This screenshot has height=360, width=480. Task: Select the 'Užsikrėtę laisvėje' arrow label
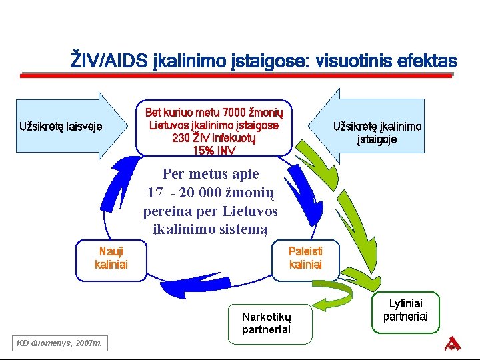[61, 126]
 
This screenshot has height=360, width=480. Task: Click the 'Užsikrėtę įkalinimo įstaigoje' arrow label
[377, 133]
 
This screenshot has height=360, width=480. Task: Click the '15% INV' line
[213, 151]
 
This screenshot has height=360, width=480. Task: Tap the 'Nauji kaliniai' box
[111, 258]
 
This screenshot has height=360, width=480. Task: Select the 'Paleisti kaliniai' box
[305, 258]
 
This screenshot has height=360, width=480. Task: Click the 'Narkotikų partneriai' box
[266, 323]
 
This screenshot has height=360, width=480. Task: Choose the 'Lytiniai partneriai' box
[406, 310]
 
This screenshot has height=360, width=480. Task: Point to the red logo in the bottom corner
[453, 343]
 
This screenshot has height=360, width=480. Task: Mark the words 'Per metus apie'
[210, 175]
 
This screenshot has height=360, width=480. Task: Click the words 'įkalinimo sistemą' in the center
[210, 230]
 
